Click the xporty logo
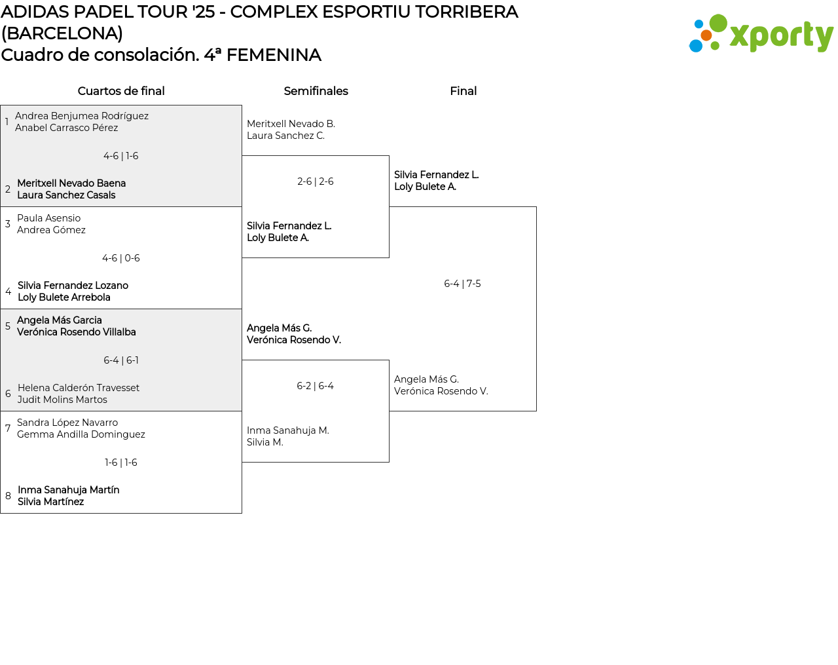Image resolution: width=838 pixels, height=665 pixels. click(761, 34)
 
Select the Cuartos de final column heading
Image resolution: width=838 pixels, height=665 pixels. click(121, 91)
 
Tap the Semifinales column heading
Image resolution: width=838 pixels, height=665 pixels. click(316, 91)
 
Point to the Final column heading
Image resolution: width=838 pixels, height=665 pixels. click(463, 91)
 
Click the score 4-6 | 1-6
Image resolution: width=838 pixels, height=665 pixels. click(121, 156)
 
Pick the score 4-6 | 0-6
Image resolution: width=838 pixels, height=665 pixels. click(121, 258)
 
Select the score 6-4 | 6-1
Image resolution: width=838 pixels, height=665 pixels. click(121, 360)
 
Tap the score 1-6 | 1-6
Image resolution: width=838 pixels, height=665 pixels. click(121, 463)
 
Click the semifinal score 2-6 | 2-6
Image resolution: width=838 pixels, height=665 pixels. click(316, 181)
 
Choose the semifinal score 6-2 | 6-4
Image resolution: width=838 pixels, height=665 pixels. click(316, 386)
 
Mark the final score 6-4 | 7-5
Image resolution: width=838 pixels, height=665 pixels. click(462, 284)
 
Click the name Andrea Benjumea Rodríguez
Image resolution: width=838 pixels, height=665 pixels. click(82, 116)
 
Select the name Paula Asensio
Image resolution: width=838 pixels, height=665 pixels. click(49, 218)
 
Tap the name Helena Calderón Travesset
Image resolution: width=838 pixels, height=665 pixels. click(79, 388)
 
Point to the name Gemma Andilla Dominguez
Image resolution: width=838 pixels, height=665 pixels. click(81, 434)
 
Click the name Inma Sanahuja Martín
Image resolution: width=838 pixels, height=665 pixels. click(69, 490)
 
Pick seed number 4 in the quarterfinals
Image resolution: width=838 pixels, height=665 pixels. click(8, 292)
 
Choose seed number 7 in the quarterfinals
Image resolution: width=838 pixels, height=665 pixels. click(8, 428)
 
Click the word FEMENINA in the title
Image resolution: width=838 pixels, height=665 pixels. click(274, 55)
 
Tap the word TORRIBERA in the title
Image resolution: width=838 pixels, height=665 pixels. click(467, 12)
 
